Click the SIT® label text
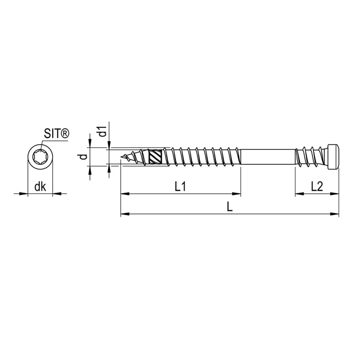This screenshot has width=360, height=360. (56, 133)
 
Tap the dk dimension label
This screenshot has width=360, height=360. (40, 187)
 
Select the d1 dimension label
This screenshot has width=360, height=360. (103, 131)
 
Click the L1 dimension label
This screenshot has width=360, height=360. (180, 187)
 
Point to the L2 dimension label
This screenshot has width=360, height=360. (317, 187)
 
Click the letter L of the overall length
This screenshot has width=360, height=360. (230, 207)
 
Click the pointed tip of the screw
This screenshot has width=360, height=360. (121, 157)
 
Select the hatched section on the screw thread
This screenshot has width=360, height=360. (156, 156)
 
